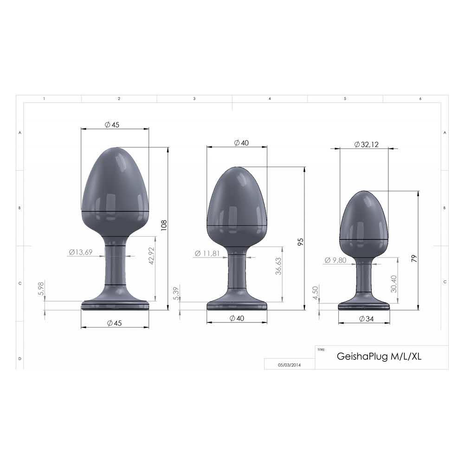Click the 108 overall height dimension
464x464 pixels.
coord(164,225)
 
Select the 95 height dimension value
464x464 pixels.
coord(300,242)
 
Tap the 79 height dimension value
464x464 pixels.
coord(414,258)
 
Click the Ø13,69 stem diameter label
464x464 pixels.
coord(81,252)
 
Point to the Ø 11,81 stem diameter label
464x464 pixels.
coord(207,253)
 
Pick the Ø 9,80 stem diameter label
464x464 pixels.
coord(335,260)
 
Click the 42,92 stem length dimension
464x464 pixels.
coord(151,256)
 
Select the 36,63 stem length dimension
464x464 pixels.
coord(278,266)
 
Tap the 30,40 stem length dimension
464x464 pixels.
coord(393,284)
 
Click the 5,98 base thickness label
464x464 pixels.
coord(41,289)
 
